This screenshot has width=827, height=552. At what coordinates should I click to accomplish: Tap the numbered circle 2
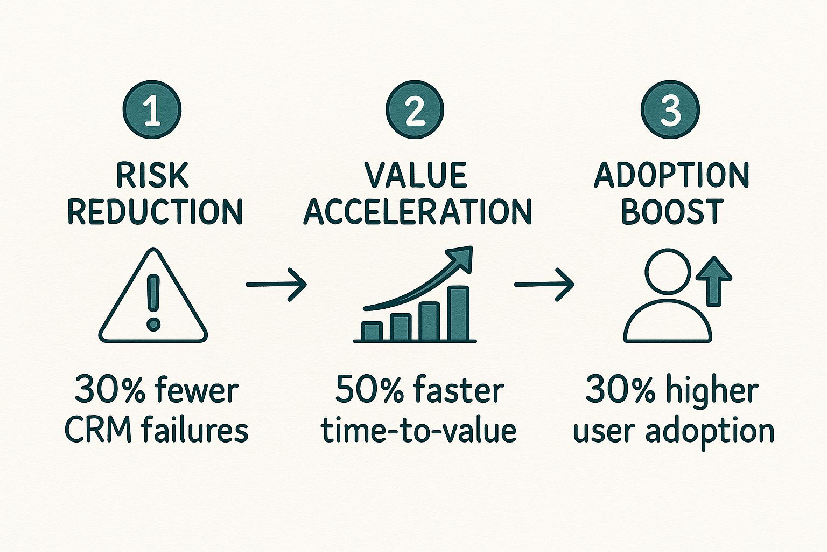[x=415, y=111]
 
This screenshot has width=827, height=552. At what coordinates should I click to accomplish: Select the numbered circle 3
[x=670, y=111]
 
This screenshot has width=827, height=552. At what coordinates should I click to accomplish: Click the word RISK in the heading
[x=153, y=176]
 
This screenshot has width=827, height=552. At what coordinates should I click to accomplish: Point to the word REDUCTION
[x=155, y=211]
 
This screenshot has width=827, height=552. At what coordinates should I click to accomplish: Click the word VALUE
[x=415, y=176]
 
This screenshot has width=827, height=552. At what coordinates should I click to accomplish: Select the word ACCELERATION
[x=418, y=211]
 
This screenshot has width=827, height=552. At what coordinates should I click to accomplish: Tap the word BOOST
[x=671, y=211]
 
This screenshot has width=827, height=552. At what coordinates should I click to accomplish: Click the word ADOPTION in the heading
[x=671, y=176]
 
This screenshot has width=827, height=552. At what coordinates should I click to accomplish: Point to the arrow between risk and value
[x=276, y=284]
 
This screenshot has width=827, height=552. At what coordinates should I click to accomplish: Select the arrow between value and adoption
[x=544, y=284]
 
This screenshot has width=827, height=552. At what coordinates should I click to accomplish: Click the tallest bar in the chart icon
[x=459, y=314]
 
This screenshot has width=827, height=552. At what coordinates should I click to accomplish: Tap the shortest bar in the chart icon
[x=372, y=331]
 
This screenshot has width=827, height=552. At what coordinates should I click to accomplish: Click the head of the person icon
[x=668, y=271]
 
